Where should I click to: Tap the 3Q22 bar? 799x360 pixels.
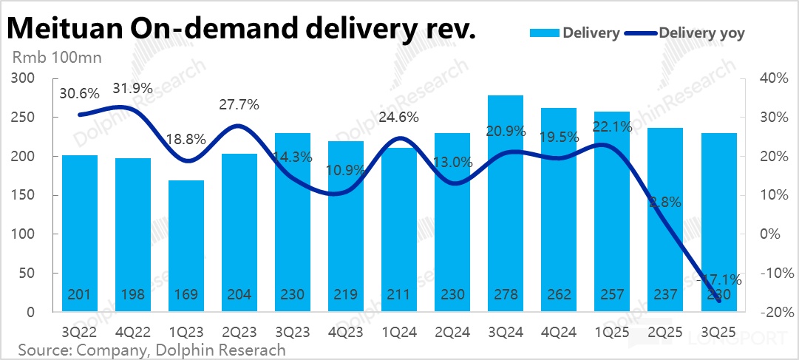(x=80, y=234)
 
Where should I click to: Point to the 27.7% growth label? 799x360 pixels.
(x=239, y=104)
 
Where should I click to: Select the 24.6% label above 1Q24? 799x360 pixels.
(x=399, y=116)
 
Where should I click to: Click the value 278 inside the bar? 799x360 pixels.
(x=506, y=295)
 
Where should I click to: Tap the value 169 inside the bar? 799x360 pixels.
(x=186, y=295)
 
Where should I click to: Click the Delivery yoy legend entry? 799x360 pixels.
(x=701, y=33)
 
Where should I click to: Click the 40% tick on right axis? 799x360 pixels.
(x=769, y=78)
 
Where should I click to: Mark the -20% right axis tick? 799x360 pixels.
(x=769, y=313)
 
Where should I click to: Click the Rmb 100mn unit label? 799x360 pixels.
(x=56, y=57)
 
